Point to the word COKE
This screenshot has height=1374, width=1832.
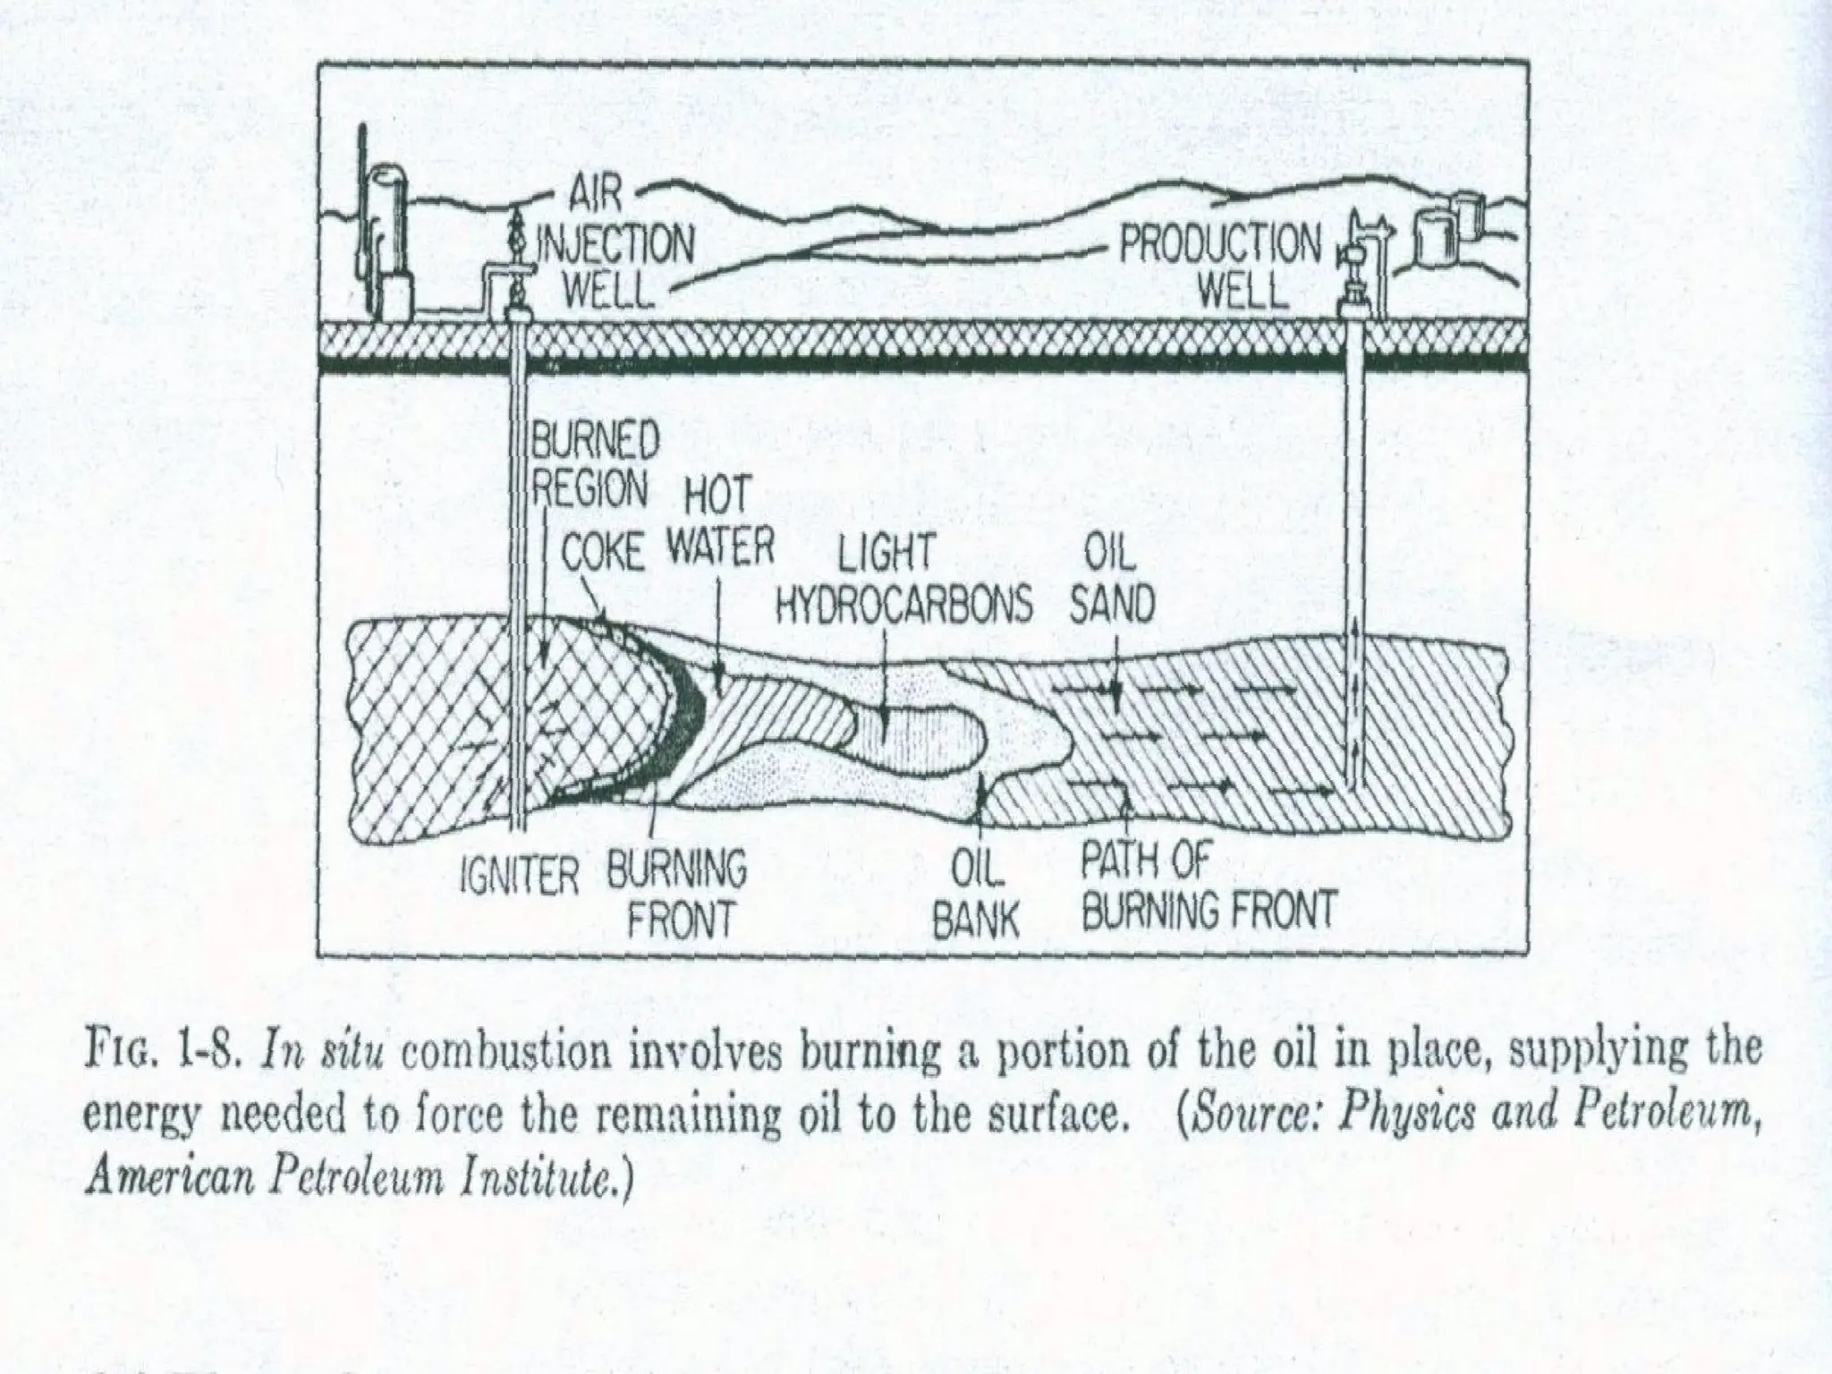602,555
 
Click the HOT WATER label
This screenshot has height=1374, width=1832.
718,524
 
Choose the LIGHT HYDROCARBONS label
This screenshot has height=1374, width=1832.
902,580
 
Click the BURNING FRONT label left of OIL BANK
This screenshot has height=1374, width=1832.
677,893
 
